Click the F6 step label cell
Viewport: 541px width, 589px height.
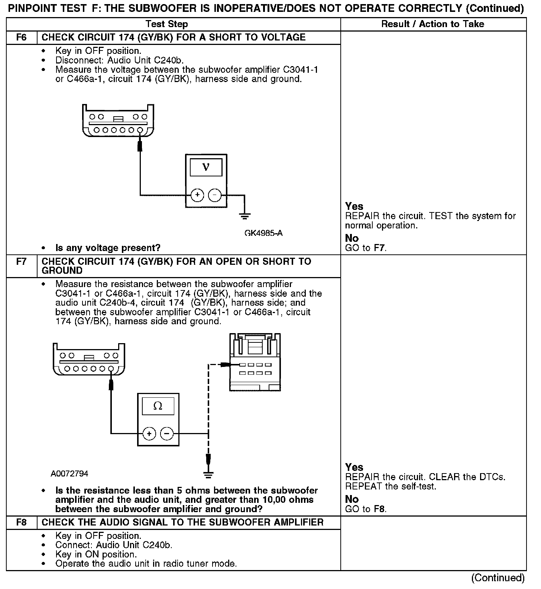pyautogui.click(x=22, y=38)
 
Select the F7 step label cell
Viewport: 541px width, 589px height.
pyautogui.click(x=22, y=262)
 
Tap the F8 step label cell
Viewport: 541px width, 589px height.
pyautogui.click(x=22, y=523)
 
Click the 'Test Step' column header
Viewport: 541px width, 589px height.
pyautogui.click(x=167, y=25)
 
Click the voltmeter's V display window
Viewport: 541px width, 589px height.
pyautogui.click(x=206, y=167)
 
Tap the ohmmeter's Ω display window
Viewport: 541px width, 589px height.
pyautogui.click(x=158, y=406)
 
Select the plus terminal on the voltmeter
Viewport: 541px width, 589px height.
pyautogui.click(x=197, y=195)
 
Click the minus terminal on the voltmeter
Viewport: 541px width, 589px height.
pyautogui.click(x=214, y=195)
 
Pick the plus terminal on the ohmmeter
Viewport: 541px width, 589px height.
pyautogui.click(x=149, y=433)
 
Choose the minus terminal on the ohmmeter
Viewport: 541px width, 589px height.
pyautogui.click(x=166, y=433)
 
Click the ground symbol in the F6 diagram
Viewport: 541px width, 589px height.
pyautogui.click(x=245, y=215)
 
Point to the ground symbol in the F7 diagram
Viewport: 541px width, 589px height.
pyautogui.click(x=208, y=474)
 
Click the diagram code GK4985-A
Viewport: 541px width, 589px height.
pyautogui.click(x=263, y=233)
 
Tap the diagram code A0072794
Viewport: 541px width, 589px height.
pyautogui.click(x=69, y=474)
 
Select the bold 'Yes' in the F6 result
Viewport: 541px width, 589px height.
pyautogui.click(x=354, y=206)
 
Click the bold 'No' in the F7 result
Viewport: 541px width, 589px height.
pyautogui.click(x=352, y=499)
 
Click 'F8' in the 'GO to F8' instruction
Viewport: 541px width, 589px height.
pyautogui.click(x=379, y=509)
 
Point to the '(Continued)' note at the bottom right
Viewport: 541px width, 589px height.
pyautogui.click(x=498, y=578)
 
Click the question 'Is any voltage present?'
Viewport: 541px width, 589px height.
pyautogui.click(x=108, y=248)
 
